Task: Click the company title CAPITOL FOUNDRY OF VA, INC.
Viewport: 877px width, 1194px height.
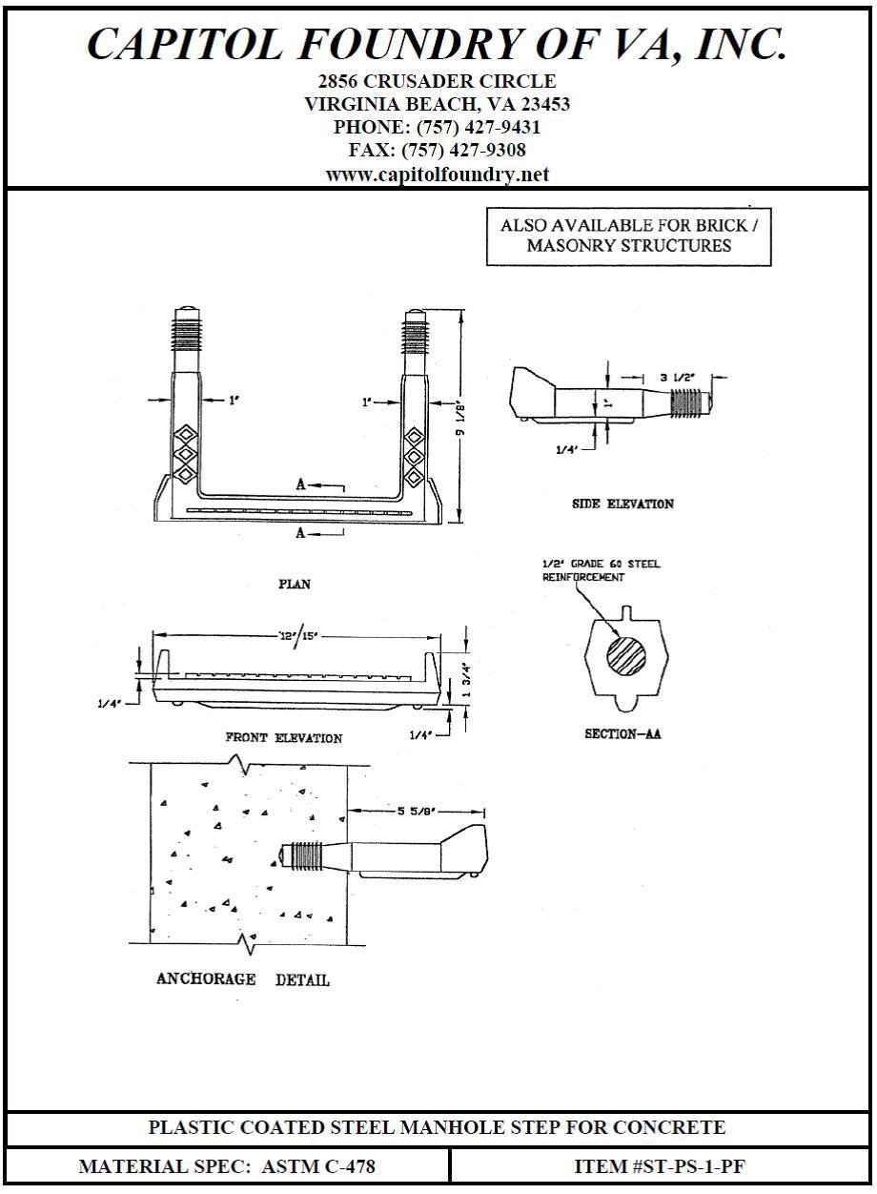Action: [438, 44]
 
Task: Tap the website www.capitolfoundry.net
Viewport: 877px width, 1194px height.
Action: [438, 175]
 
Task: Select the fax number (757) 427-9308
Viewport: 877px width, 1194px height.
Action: [438, 151]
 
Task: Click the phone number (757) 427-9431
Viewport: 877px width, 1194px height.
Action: [438, 127]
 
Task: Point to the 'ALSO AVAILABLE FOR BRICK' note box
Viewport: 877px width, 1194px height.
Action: [628, 236]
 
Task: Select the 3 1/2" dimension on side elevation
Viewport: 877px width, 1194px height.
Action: [679, 377]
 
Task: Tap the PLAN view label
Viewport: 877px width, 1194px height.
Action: [294, 584]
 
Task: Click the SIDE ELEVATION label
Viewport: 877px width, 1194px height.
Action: [622, 504]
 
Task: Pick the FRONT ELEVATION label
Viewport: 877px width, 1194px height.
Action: [283, 737]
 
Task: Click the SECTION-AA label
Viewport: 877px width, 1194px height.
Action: [622, 734]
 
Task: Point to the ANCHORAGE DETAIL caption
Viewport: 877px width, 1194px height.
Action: [243, 979]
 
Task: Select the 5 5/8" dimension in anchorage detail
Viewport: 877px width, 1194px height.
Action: [417, 811]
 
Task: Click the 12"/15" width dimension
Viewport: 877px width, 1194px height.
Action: [296, 636]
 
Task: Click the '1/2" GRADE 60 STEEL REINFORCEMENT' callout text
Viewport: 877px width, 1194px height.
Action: [601, 570]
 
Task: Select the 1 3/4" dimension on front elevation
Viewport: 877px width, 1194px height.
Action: [466, 679]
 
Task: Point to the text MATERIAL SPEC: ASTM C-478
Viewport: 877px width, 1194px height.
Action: [227, 1165]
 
